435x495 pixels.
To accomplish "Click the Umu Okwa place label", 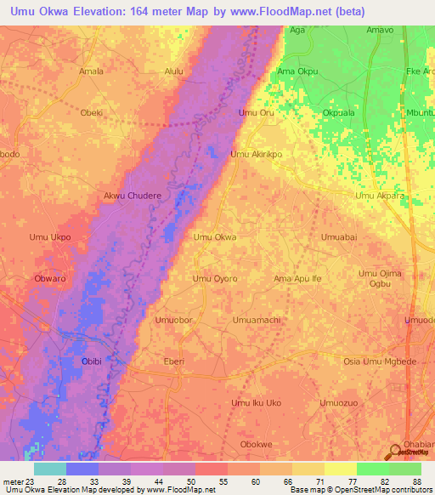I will coord(215,237).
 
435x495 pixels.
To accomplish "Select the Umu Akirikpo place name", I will coord(256,155).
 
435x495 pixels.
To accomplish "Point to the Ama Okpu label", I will coord(297,71).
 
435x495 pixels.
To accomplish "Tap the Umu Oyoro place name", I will coord(214,278).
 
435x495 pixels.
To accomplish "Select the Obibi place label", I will coord(91,361).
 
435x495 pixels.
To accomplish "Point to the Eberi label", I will coord(173,361).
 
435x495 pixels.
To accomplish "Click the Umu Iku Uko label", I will coord(256,402).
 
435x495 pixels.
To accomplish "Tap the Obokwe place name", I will coord(257,444).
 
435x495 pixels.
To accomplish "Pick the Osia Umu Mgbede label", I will coord(379,361).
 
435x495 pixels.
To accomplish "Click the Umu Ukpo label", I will coord(49,237).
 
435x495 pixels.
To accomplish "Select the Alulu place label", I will coord(173,71).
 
